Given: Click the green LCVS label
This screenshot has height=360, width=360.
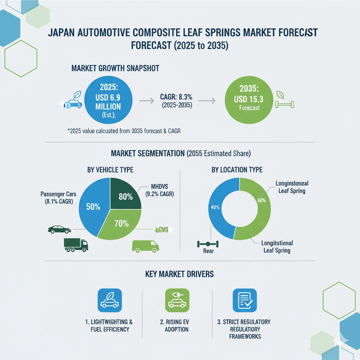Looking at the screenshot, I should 162,230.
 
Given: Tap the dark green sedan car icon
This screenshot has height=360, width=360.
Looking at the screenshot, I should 59,230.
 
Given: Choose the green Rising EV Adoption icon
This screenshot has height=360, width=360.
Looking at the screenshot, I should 177,300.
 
